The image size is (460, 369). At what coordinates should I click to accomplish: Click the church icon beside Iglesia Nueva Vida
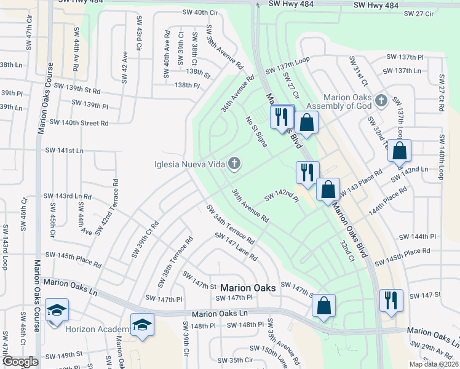pyautogui.click(x=234, y=164)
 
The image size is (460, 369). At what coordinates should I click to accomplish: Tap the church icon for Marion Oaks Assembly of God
pyautogui.click(x=381, y=100)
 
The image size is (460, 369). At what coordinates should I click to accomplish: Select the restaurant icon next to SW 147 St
pyautogui.click(x=391, y=302)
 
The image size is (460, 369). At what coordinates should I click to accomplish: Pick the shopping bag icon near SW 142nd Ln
pyautogui.click(x=399, y=151)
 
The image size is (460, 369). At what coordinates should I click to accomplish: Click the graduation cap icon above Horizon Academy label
pyautogui.click(x=142, y=325)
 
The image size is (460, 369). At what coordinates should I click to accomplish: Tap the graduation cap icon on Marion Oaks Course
pyautogui.click(x=57, y=311)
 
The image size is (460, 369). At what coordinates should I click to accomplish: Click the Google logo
pyautogui.click(x=20, y=362)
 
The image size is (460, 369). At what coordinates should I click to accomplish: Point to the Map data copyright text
pyautogui.click(x=434, y=364)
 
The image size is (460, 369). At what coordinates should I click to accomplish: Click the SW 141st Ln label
pyautogui.click(x=64, y=150)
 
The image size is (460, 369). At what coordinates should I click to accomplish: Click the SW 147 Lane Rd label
pyautogui.click(x=236, y=247)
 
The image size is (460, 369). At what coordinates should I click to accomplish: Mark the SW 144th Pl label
pyautogui.click(x=417, y=237)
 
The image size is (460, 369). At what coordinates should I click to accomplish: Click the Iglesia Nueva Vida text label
pyautogui.click(x=188, y=164)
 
